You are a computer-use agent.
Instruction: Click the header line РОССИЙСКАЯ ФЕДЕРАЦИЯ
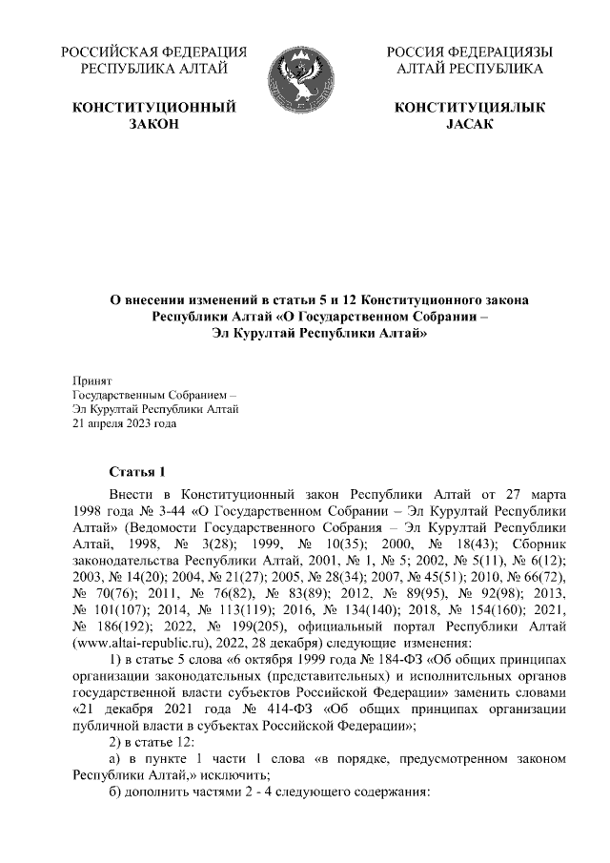click(153, 51)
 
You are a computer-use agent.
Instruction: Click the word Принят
click(92, 381)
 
